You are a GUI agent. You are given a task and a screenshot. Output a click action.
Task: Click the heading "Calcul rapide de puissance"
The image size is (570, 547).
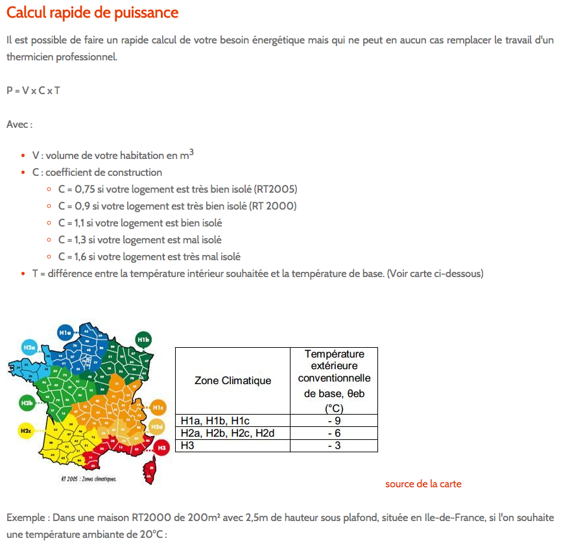pyautogui.click(x=92, y=13)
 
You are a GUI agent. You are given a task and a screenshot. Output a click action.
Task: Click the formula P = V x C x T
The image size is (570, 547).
pyautogui.click(x=33, y=90)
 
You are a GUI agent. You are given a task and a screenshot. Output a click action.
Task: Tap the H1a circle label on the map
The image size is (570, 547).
pyautogui.click(x=65, y=332)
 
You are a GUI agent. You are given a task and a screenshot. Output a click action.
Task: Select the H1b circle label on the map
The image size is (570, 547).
pyautogui.click(x=143, y=339)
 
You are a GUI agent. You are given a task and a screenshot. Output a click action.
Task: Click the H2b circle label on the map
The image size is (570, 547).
pyautogui.click(x=27, y=403)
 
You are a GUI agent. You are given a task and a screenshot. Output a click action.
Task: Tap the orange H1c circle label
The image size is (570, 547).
pyautogui.click(x=158, y=407)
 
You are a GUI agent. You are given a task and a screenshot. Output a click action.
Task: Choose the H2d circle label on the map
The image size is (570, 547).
pyautogui.click(x=156, y=426)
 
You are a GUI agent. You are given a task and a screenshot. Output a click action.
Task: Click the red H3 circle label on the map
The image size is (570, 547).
pyautogui.click(x=162, y=447)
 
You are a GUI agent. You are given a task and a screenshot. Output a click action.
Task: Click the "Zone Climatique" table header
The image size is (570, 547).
pyautogui.click(x=233, y=380)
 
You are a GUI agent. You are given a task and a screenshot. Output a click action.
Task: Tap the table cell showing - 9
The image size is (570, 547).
pyautogui.click(x=333, y=420)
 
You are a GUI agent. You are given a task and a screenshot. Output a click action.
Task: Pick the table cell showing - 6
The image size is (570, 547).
pyautogui.click(x=333, y=433)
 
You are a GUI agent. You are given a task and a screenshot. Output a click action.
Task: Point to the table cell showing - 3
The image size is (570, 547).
pyautogui.click(x=333, y=445)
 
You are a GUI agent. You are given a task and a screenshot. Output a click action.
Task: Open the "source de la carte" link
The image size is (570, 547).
pyautogui.click(x=423, y=484)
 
